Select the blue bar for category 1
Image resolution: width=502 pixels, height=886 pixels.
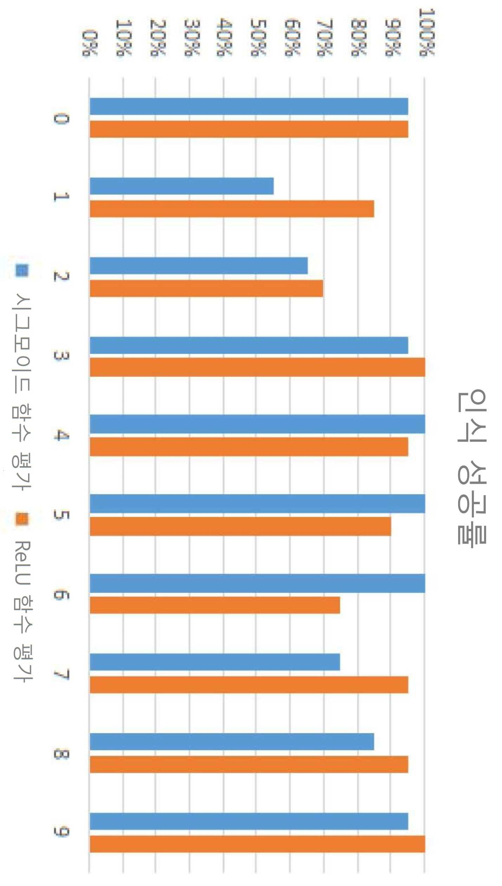pos(182,186)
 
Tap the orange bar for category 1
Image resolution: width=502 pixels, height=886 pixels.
pos(232,209)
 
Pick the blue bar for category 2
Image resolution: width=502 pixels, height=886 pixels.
pos(199,265)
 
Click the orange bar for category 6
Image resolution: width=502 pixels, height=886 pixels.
pos(215,605)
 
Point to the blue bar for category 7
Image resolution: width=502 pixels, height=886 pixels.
pos(215,662)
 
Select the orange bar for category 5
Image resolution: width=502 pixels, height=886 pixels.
pos(240,526)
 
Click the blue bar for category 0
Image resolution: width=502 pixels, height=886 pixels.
pos(249,106)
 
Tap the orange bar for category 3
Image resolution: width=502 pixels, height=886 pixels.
pos(257,367)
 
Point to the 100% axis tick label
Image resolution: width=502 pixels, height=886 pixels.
pos(427,32)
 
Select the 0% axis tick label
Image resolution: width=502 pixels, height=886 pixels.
pos(90,43)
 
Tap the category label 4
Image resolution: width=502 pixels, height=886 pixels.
pos(61,435)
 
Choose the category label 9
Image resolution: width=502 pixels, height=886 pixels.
pos(61,832)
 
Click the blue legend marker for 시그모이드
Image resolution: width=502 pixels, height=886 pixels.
pos(22,270)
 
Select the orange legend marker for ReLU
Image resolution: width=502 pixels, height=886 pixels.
pos(22,519)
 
